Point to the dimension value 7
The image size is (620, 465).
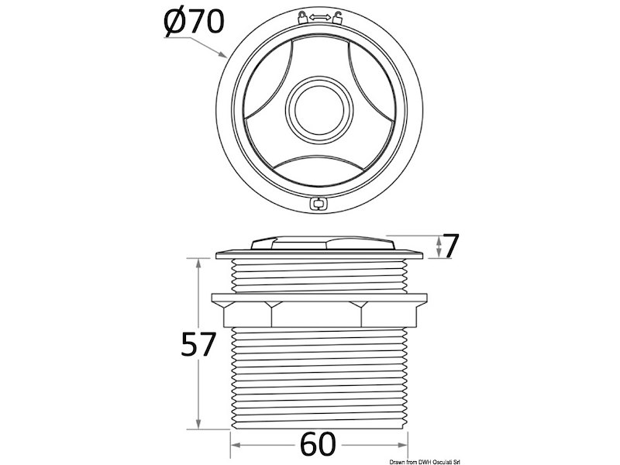[x=453, y=246]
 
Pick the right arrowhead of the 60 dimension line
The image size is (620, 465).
[x=404, y=446]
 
